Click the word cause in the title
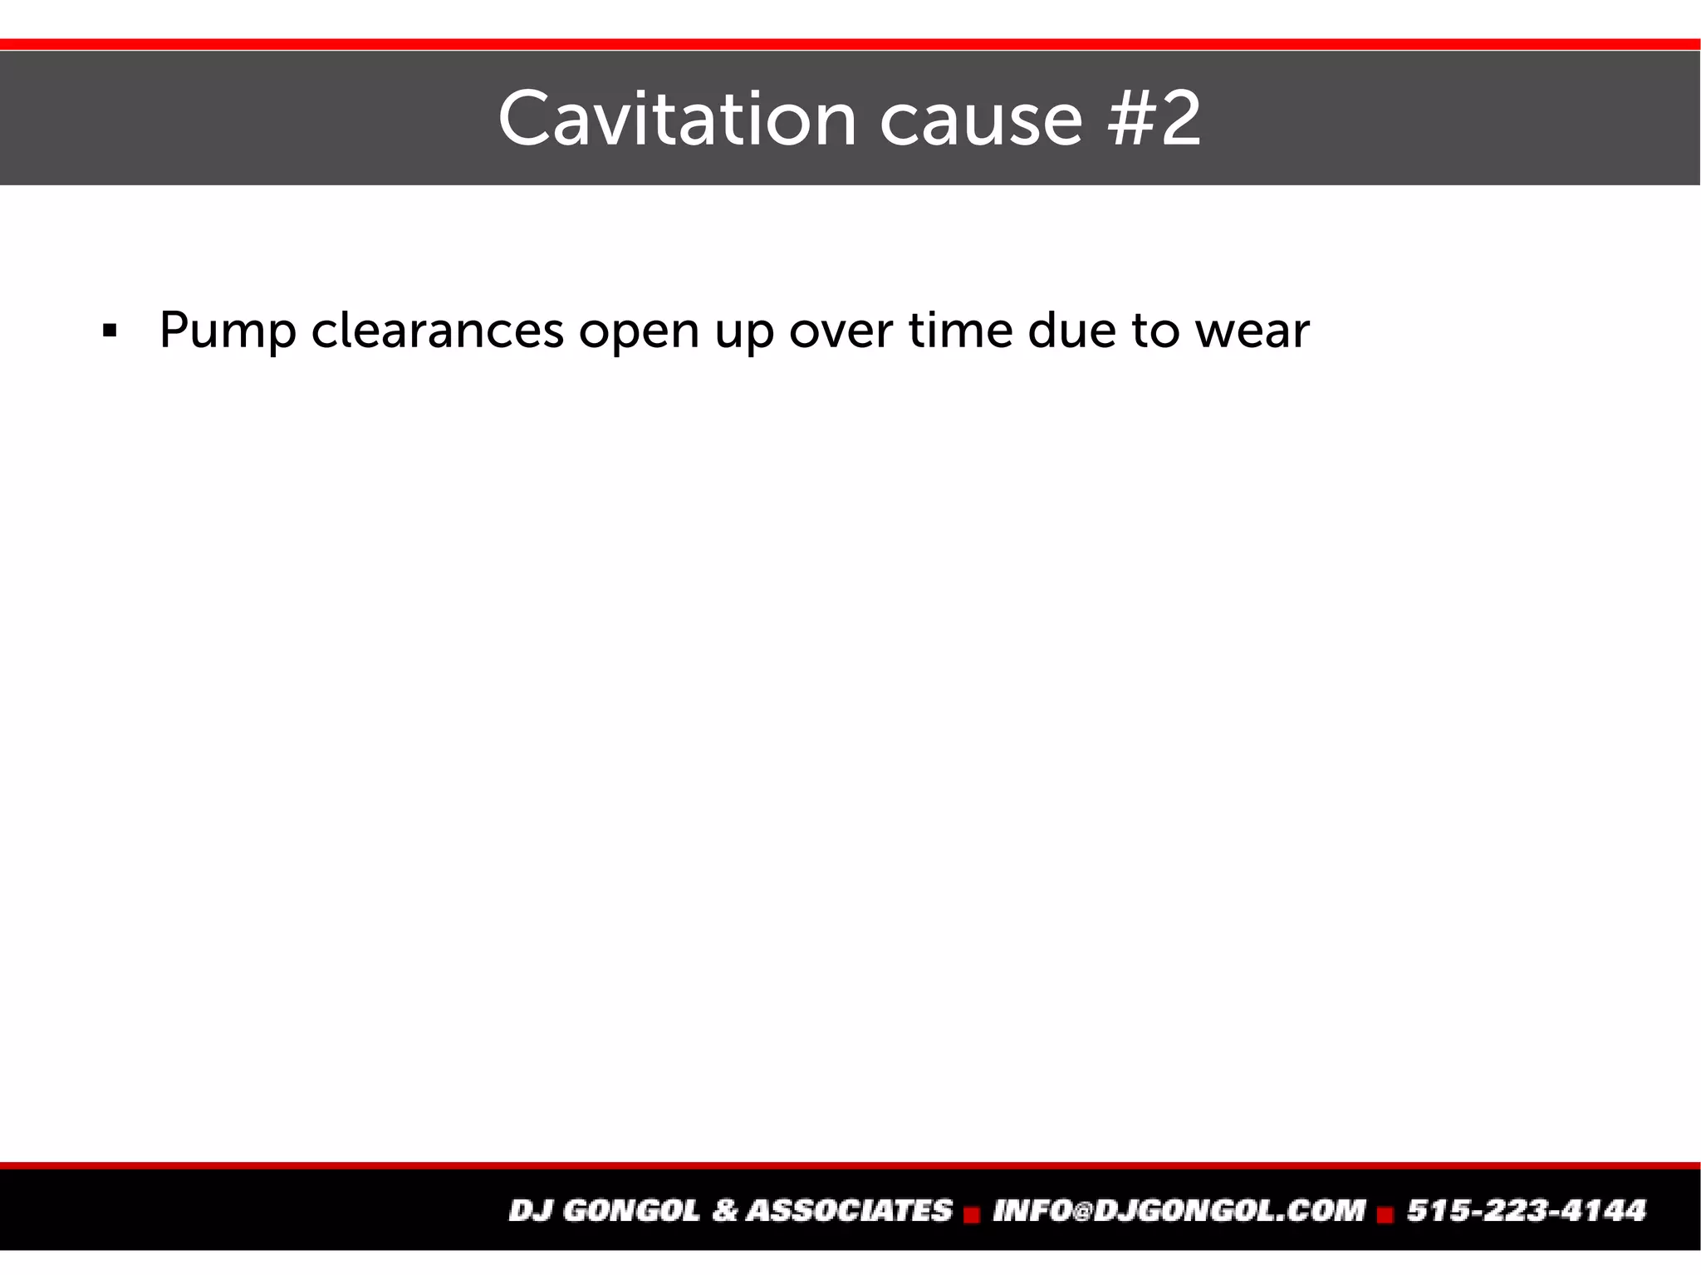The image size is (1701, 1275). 981,120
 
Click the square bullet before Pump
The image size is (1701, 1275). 109,331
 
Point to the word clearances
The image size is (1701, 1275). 438,331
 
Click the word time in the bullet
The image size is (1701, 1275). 960,330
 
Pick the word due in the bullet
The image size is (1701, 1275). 1071,330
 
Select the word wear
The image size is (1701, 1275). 1252,331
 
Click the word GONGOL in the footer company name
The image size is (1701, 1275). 631,1210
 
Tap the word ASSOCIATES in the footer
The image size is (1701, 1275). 849,1210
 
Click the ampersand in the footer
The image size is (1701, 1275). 724,1210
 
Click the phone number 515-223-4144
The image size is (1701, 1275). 1526,1210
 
